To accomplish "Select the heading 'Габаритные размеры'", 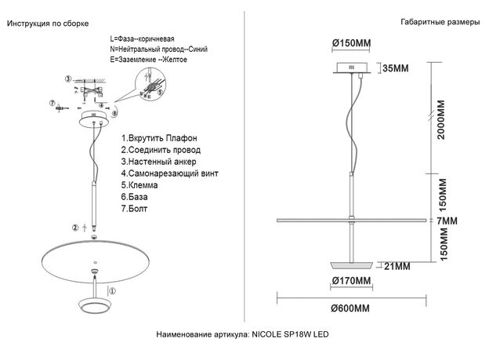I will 440,23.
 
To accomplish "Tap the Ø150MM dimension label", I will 351,41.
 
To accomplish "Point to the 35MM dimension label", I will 396,68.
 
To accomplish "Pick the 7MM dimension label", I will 446,222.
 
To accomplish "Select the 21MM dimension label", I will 397,266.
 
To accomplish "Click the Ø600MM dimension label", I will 350,308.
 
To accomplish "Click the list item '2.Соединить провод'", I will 161,149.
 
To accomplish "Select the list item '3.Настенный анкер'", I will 159,161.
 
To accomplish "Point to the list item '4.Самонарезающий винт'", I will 170,173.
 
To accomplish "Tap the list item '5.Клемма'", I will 140,185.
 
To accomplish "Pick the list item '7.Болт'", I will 135,210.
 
